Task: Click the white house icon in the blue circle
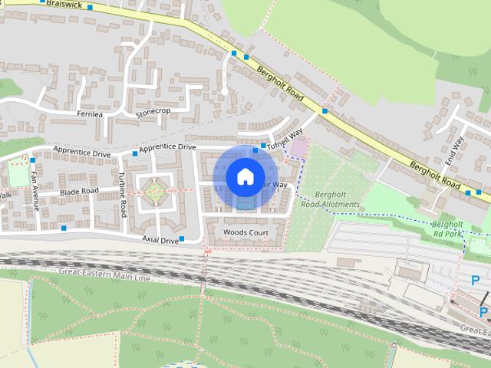click(245, 176)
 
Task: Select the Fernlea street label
click(90, 114)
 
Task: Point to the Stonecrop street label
click(153, 111)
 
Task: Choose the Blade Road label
click(79, 191)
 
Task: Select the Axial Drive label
click(160, 240)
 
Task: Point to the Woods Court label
click(245, 232)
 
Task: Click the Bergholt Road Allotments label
click(330, 200)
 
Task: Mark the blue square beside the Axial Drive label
click(183, 239)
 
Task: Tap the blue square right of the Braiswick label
click(90, 7)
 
